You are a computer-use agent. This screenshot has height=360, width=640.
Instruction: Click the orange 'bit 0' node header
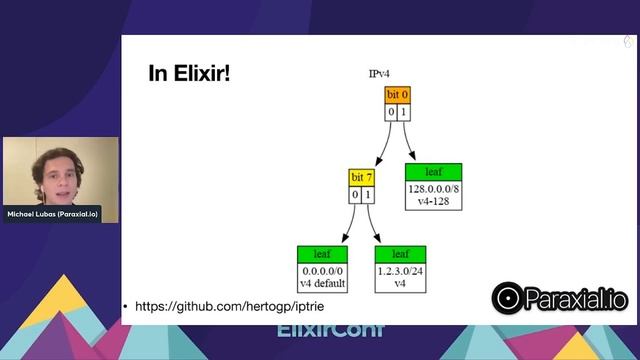[x=398, y=95]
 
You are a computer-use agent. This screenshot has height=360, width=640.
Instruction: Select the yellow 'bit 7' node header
[x=361, y=178]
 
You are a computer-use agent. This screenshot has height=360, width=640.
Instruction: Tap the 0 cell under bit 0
[x=392, y=112]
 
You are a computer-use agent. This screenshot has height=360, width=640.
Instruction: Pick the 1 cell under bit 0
[x=404, y=112]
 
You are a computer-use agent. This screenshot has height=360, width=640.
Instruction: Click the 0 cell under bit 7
[x=355, y=194]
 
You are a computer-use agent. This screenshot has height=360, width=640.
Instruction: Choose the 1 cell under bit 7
[x=367, y=194]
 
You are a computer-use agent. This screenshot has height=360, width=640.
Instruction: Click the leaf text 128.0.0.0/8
[x=433, y=188]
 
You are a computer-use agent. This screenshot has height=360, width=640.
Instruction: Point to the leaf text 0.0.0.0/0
[x=321, y=271]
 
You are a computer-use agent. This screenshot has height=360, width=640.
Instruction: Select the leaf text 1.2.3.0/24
[x=400, y=271]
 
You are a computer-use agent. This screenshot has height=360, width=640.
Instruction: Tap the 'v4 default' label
[x=321, y=283]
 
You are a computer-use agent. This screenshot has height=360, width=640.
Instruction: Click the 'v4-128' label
[x=433, y=200]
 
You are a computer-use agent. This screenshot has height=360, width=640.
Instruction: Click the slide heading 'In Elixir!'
[x=189, y=73]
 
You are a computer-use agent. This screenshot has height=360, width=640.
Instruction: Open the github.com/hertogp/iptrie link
[x=215, y=305]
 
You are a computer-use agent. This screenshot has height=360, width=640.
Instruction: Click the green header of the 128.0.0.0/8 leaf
[x=433, y=171]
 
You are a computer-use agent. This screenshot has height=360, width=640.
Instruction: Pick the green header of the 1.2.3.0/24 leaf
[x=400, y=254]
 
